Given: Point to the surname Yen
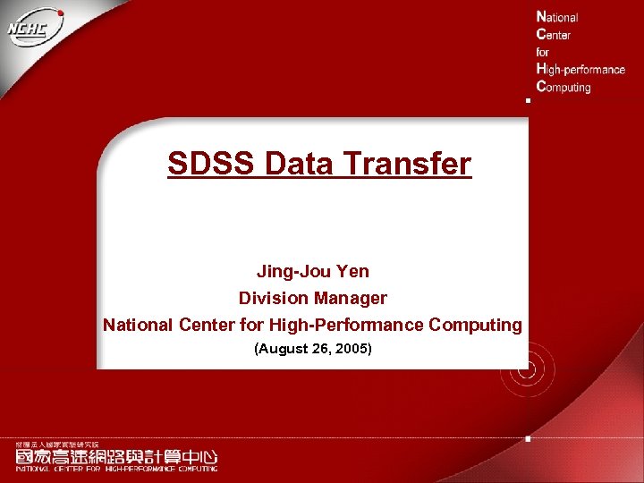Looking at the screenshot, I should [x=352, y=271].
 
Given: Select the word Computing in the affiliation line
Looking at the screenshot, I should [x=475, y=325].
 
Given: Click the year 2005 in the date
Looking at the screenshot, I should [x=352, y=348].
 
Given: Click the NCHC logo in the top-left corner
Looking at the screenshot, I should [x=35, y=31].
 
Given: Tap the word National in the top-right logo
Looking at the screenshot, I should [x=557, y=17].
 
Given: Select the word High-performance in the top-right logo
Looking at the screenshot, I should [x=580, y=69].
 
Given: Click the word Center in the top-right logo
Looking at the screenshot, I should [x=553, y=34].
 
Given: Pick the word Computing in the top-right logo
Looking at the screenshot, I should [x=563, y=87].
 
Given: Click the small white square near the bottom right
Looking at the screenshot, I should [x=528, y=439].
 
